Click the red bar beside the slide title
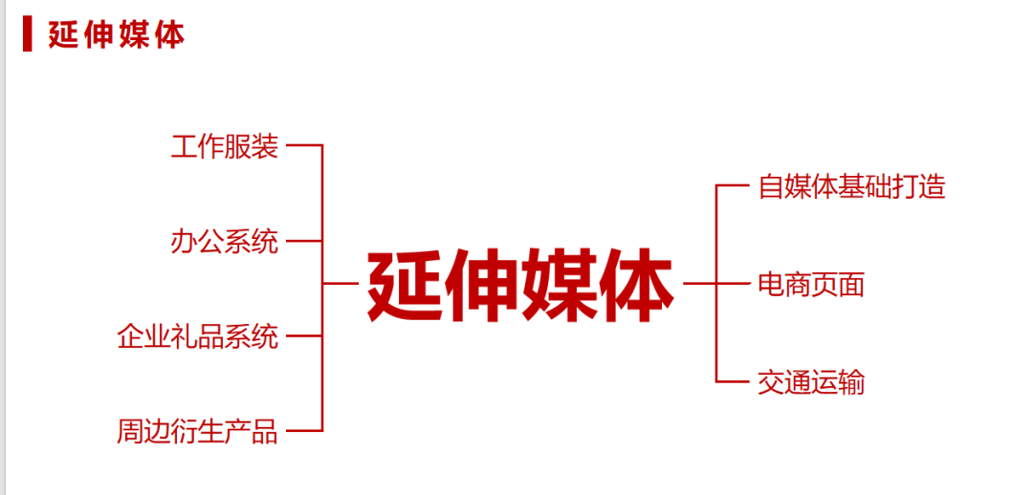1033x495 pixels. (28, 33)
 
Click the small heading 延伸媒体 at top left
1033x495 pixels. (116, 34)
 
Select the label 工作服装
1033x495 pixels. (225, 146)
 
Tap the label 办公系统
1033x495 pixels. (225, 242)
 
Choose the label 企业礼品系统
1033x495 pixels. (198, 336)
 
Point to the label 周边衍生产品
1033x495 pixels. (198, 432)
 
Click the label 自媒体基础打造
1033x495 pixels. (851, 186)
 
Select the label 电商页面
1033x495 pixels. (811, 284)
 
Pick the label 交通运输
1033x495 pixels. (811, 382)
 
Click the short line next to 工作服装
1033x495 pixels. (304, 145)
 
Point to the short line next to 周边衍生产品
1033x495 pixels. (304, 432)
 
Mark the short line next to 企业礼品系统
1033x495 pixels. (304, 336)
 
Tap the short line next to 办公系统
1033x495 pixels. (304, 241)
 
